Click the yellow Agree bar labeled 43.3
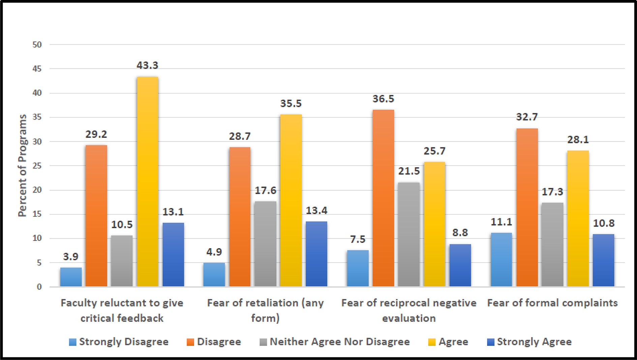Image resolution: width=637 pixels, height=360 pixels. (147, 182)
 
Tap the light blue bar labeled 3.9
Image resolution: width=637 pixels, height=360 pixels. (71, 277)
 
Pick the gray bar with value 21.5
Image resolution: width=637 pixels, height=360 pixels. (409, 235)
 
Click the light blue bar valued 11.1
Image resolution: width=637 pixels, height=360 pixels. (501, 260)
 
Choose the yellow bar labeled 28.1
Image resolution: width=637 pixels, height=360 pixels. (578, 218)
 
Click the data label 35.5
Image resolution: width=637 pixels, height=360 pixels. (291, 103)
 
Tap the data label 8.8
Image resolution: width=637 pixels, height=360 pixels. (460, 233)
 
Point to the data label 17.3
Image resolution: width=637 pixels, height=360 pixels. (552, 192)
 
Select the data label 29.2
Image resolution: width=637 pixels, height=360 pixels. (96, 134)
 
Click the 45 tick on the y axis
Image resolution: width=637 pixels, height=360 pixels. (37, 69)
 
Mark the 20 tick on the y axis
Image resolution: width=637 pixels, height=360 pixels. (37, 190)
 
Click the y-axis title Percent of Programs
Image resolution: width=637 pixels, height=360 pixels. (22, 165)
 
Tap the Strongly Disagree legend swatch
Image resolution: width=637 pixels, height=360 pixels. (72, 342)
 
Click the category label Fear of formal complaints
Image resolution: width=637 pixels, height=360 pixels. (552, 303)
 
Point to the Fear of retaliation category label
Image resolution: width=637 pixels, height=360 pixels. (265, 310)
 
